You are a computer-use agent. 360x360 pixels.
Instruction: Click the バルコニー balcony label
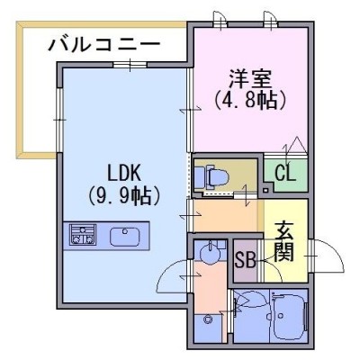tap(104, 46)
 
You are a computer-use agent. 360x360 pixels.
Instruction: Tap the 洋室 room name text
tap(250, 78)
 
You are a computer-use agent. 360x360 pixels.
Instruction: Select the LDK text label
tap(124, 174)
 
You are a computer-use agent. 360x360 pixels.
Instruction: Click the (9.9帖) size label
tap(123, 195)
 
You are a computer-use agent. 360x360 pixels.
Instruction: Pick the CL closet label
tap(285, 174)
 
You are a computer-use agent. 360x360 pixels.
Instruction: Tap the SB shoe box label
tap(245, 260)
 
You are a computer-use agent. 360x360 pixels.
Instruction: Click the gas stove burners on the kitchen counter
tap(83, 234)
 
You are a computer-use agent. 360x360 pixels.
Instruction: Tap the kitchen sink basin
tap(125, 237)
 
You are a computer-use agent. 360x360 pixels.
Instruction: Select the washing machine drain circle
tap(207, 319)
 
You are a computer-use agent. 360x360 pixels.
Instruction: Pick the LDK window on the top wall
tap(130, 65)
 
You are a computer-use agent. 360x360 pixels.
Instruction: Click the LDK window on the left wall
tap(59, 120)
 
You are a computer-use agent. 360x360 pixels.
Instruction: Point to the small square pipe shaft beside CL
tap(265, 190)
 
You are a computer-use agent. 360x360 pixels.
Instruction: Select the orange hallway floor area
tap(226, 215)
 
